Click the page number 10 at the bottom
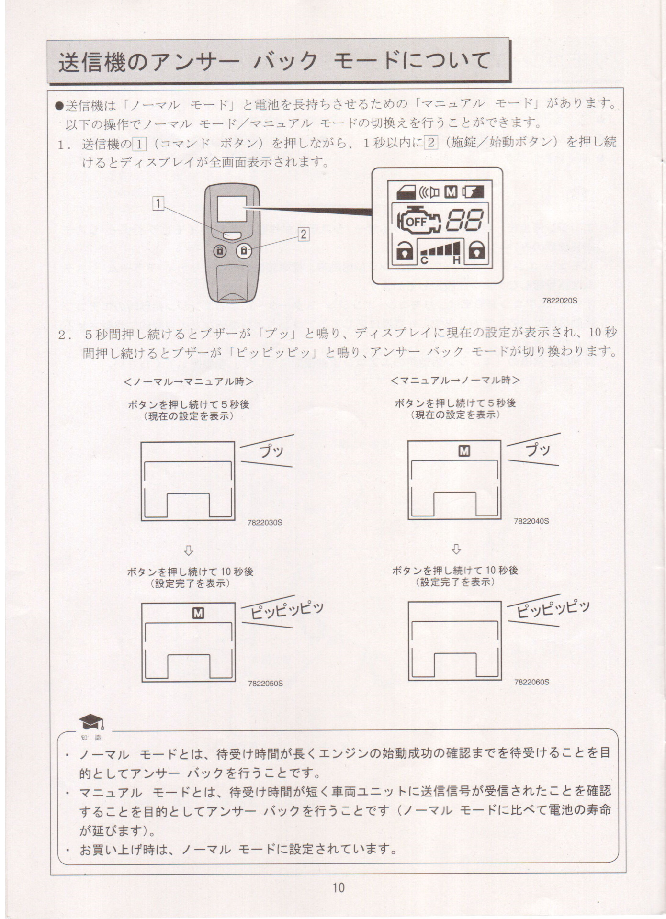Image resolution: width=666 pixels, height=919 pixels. click(338, 888)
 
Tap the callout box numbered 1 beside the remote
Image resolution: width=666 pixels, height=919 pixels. click(158, 204)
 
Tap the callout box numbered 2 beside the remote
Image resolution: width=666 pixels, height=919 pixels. click(304, 234)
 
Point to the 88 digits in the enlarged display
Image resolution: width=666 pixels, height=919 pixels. click(464, 220)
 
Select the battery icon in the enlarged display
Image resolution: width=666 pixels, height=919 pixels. click(473, 192)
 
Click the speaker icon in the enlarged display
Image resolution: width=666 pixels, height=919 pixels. click(429, 192)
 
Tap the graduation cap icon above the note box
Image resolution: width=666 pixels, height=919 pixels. click(91, 721)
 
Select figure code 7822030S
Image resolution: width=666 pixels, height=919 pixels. click(265, 522)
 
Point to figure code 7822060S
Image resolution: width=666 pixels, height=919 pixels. click(531, 682)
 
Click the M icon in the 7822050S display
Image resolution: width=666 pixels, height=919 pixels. click(198, 613)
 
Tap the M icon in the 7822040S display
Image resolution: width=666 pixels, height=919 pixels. click(464, 450)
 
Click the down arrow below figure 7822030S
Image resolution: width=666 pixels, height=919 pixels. click(189, 550)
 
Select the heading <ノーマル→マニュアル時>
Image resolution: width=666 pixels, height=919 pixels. click(188, 381)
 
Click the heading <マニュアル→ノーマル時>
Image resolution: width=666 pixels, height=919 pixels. click(455, 380)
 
